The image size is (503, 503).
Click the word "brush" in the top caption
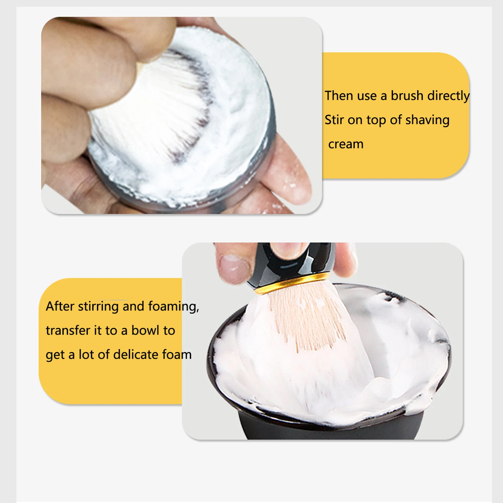(x=407, y=96)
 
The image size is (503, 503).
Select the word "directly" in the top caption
(x=448, y=96)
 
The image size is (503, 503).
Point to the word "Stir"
(x=334, y=120)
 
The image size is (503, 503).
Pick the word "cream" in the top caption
(x=346, y=144)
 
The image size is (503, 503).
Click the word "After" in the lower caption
(x=60, y=306)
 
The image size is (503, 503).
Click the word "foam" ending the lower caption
(x=177, y=354)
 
